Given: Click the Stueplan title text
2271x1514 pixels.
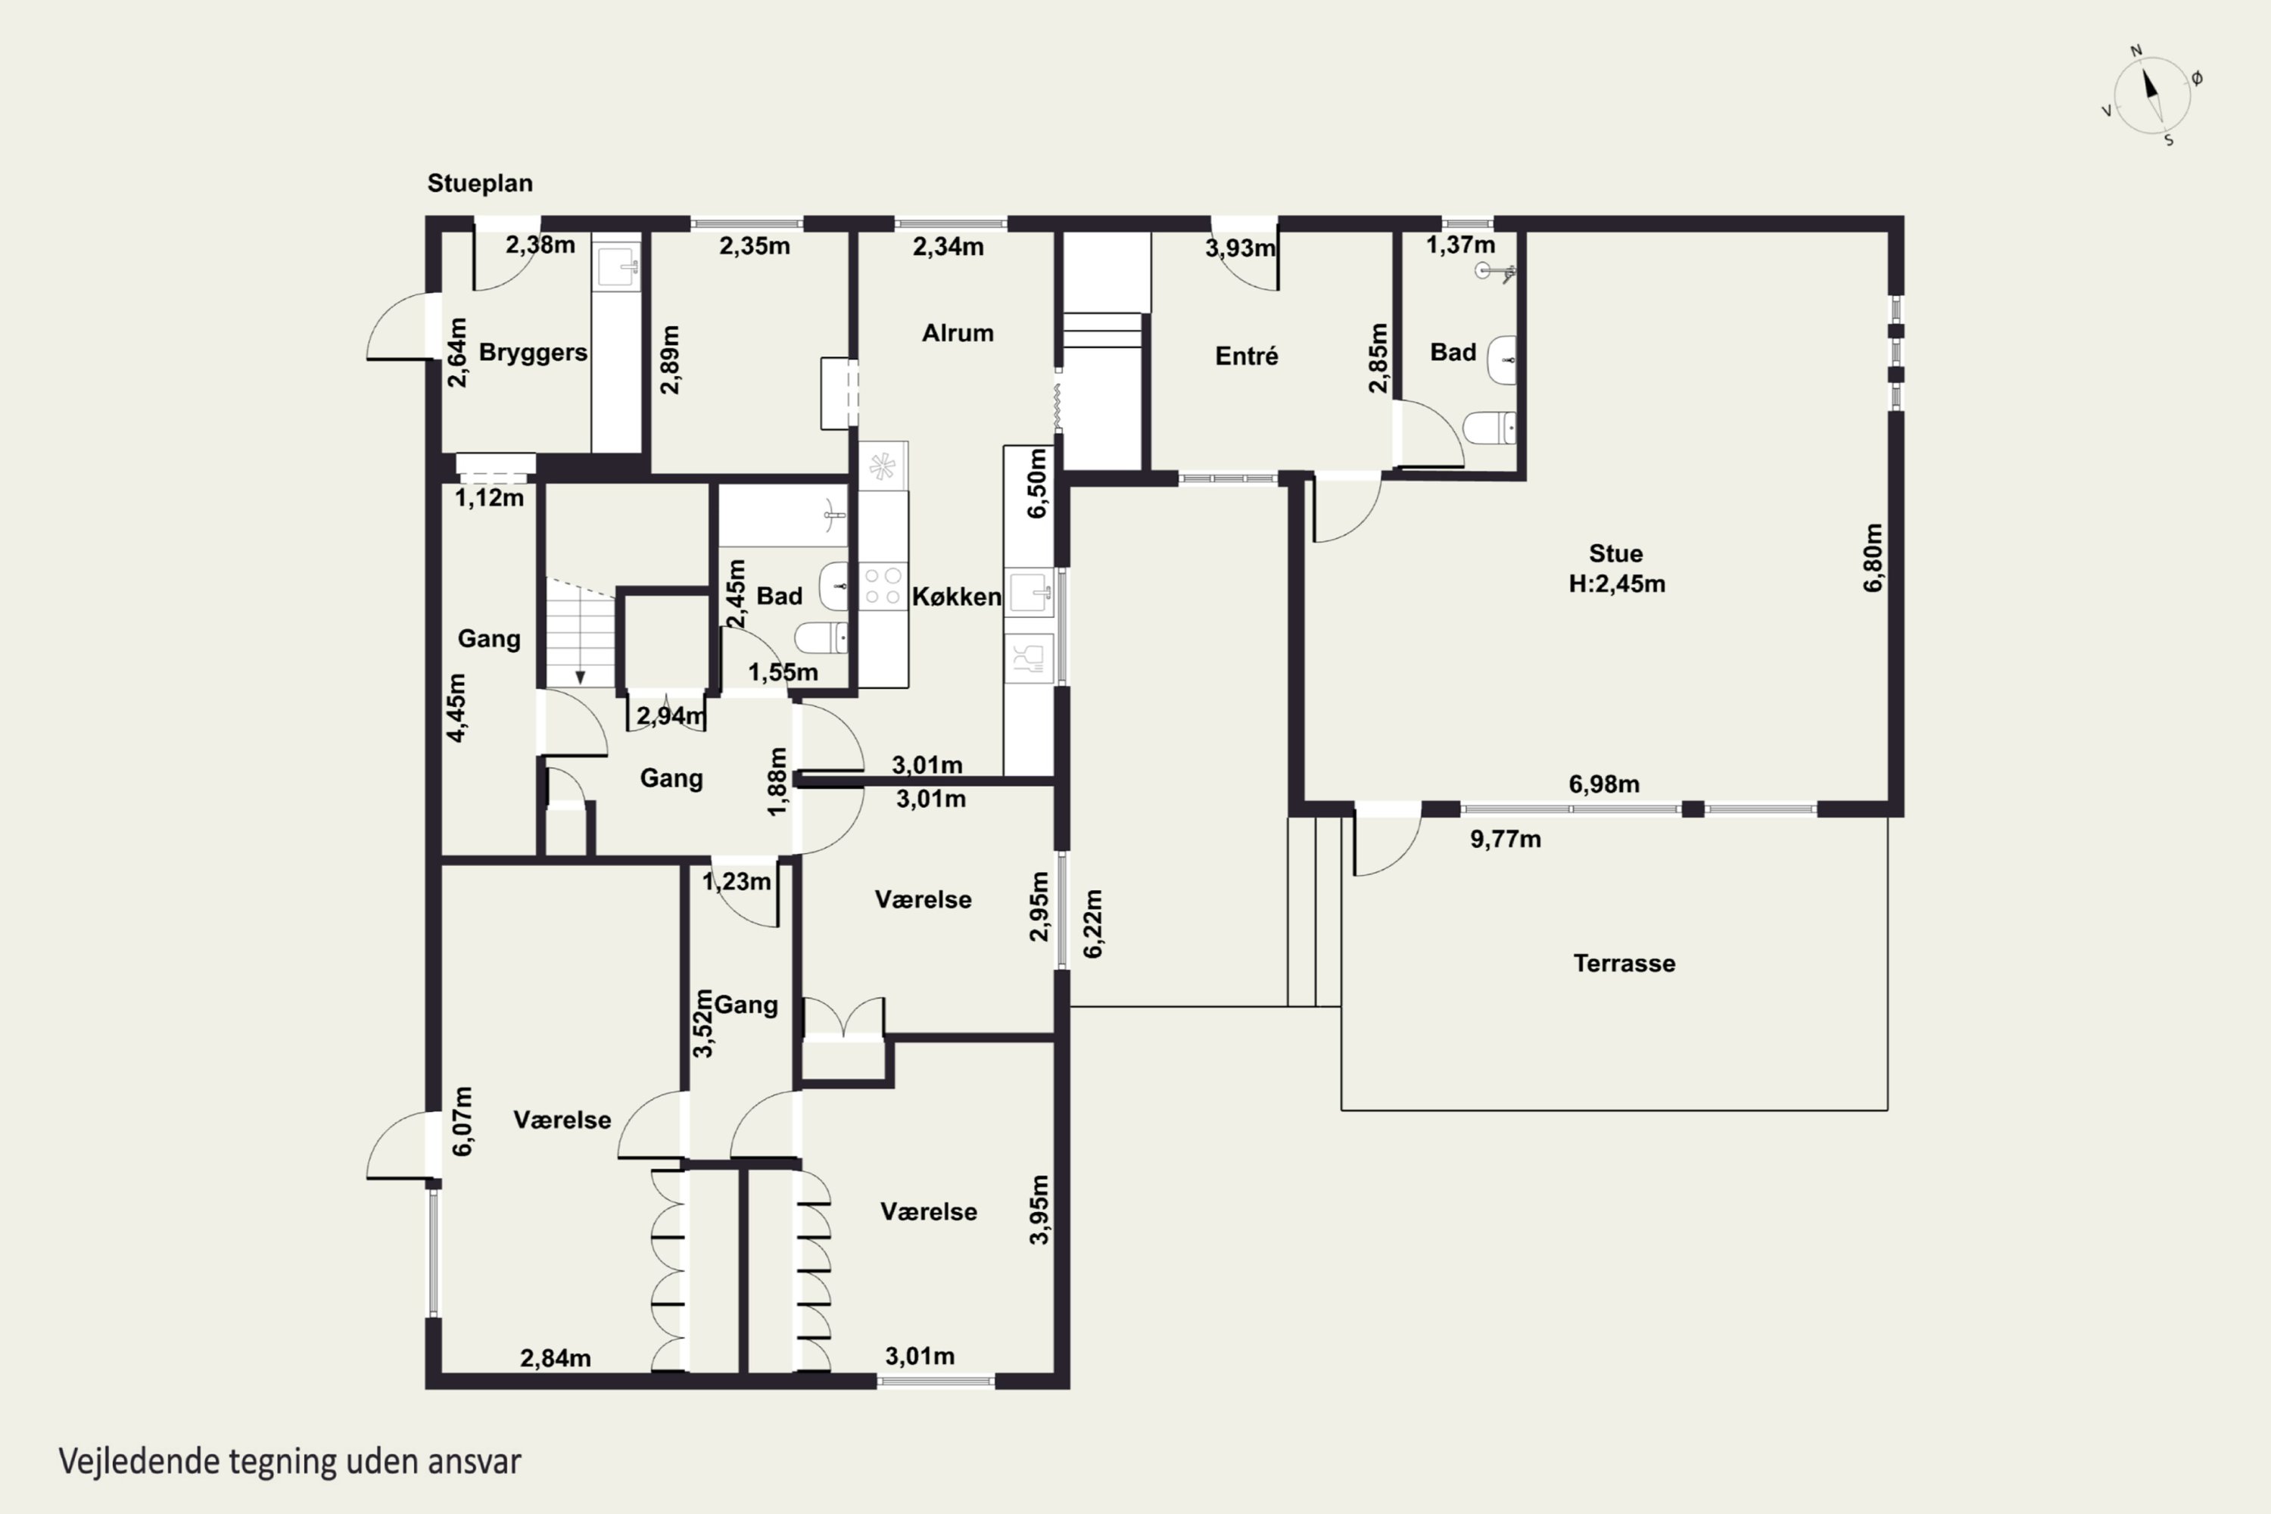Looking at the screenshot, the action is click(480, 183).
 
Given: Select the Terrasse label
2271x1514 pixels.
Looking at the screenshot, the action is click(1624, 963).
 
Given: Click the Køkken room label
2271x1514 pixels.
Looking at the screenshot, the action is click(956, 597).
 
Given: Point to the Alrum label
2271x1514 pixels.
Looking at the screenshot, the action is click(957, 333).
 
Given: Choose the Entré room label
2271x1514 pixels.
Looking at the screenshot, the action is click(1247, 357).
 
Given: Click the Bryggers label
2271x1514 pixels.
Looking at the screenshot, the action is click(533, 353).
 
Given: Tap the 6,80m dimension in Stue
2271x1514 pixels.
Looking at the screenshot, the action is click(1872, 558).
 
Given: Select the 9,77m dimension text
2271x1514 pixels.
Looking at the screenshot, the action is click(1506, 839).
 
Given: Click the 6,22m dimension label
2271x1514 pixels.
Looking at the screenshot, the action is click(1093, 924).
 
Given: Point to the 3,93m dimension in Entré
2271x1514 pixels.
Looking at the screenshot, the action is click(1240, 249).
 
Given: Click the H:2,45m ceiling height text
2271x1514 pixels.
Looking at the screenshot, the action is click(1616, 584).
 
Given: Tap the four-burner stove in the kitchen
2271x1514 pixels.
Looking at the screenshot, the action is click(883, 585).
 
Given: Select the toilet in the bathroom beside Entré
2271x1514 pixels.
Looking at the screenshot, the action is click(1490, 428).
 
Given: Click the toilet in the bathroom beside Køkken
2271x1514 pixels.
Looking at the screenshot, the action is click(821, 637).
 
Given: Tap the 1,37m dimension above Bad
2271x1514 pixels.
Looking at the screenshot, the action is click(1460, 245).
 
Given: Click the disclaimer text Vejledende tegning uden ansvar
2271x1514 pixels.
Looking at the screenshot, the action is click(290, 1462).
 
